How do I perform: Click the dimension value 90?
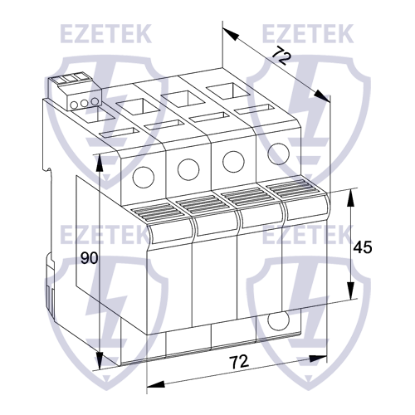90,258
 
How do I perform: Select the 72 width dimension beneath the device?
239,362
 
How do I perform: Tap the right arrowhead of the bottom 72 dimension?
322,359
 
